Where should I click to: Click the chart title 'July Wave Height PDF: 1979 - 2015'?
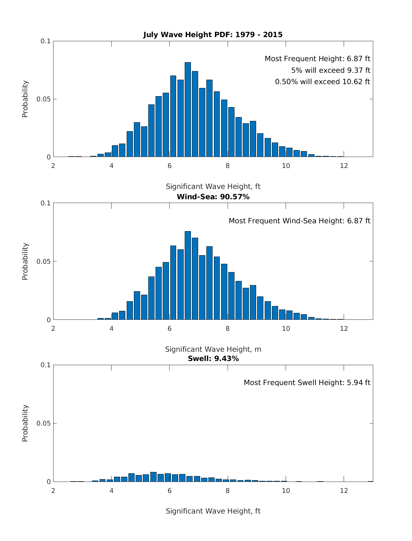point(213,35)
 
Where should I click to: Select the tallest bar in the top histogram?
point(188,110)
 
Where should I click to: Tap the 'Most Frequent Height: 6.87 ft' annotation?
point(317,59)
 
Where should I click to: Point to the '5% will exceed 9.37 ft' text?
point(331,70)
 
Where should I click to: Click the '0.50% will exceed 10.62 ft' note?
point(322,82)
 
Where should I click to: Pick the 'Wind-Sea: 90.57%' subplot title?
point(213,197)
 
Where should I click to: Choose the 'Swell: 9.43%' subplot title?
point(213,359)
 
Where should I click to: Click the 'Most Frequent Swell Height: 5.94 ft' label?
point(307,383)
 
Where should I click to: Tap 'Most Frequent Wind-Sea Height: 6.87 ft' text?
point(299,221)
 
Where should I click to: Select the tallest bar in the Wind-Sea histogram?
point(188,275)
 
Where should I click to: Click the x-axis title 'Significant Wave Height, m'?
point(213,349)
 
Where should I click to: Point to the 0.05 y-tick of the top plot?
point(44,99)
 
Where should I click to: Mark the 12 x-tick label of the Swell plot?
point(344,491)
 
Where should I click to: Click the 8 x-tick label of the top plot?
point(228,166)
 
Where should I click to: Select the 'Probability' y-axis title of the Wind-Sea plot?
point(25,261)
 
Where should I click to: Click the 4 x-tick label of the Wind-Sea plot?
point(112,328)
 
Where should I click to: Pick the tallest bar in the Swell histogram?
point(153,477)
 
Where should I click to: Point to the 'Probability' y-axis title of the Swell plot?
point(25,423)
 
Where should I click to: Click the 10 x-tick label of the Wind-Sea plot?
point(286,328)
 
